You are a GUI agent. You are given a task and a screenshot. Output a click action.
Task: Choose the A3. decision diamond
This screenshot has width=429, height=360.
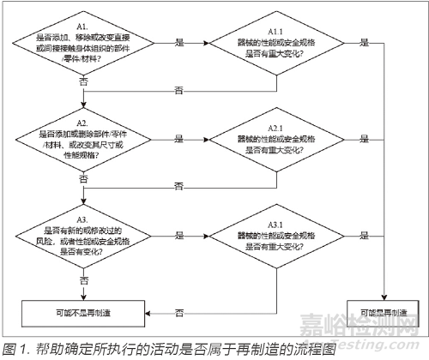83,232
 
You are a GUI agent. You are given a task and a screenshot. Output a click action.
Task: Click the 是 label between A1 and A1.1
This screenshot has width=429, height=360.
178,41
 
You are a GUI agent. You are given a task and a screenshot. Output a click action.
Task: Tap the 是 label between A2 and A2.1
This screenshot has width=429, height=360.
178,137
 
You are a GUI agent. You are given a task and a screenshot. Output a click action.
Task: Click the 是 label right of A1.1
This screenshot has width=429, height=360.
367,41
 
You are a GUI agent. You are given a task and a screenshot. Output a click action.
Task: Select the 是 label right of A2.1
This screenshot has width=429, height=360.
367,137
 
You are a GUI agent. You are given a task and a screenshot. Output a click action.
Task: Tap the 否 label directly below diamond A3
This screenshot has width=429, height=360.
83,279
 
